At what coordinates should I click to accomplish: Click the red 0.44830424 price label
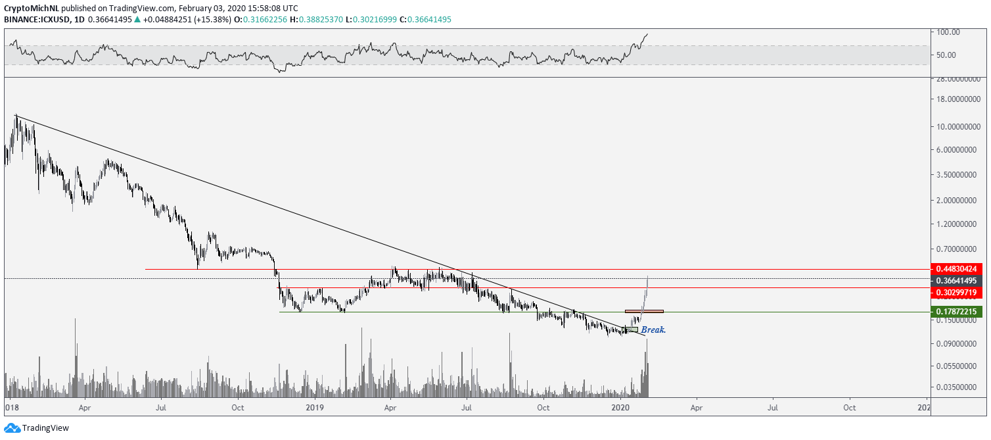pyautogui.click(x=958, y=268)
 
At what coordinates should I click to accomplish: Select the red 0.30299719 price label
pyautogui.click(x=958, y=291)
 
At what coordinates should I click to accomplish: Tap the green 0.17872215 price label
pyautogui.click(x=958, y=311)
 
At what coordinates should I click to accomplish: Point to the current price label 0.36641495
pyautogui.click(x=958, y=280)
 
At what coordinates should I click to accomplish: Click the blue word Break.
pyautogui.click(x=654, y=330)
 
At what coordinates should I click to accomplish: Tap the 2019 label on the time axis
pyautogui.click(x=314, y=408)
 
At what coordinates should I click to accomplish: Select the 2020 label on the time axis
pyautogui.click(x=622, y=408)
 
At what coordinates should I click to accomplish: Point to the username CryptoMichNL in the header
pyautogui.click(x=31, y=9)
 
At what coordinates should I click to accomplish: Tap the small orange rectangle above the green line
pyautogui.click(x=644, y=311)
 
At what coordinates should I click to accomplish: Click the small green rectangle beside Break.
pyautogui.click(x=632, y=330)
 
